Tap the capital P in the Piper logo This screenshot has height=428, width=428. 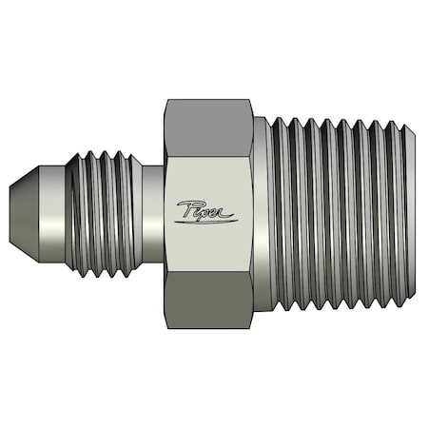click(x=185, y=209)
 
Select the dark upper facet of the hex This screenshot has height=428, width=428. click(x=207, y=123)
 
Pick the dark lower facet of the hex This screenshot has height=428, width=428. click(x=207, y=302)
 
